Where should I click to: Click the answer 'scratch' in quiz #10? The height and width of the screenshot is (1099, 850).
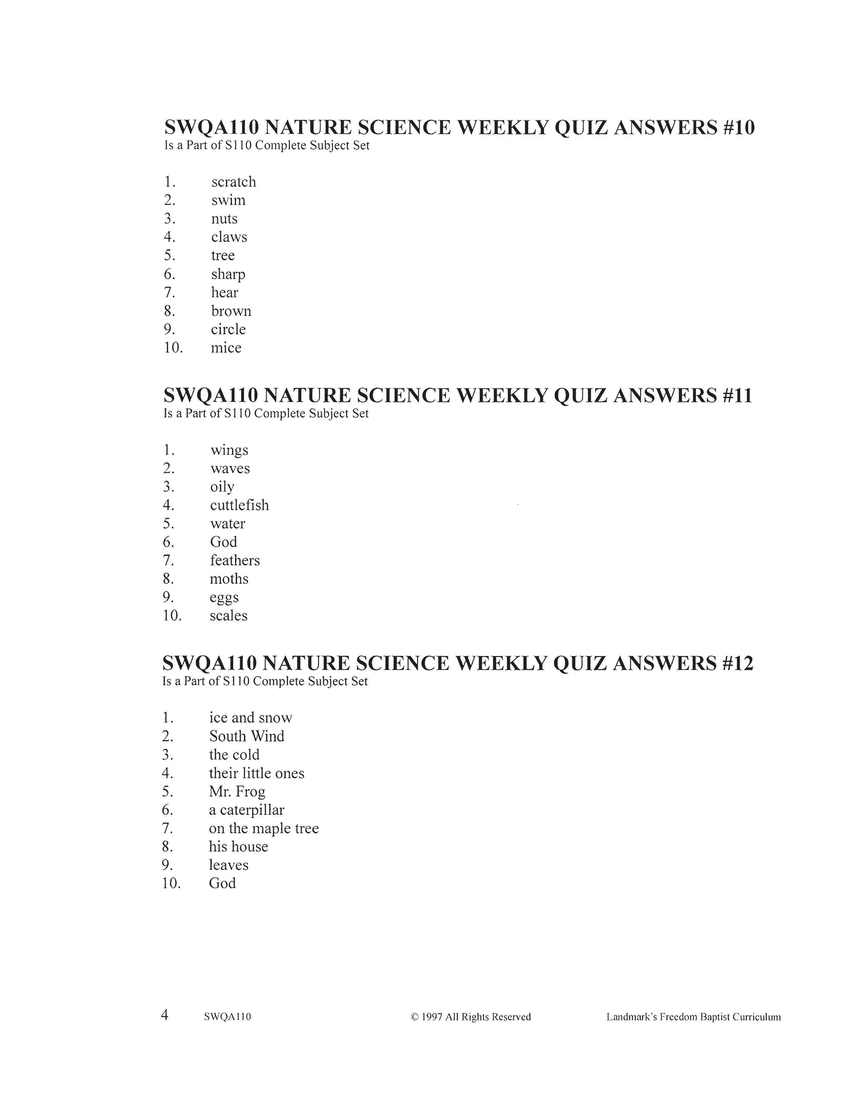click(234, 182)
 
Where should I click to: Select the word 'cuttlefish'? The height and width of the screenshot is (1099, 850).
click(240, 505)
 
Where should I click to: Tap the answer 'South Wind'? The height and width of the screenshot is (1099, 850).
click(247, 736)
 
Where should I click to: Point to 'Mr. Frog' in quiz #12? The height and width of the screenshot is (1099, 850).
click(237, 792)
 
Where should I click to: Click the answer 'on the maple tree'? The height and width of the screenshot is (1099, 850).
click(264, 828)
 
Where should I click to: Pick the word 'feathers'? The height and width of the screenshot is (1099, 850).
click(235, 560)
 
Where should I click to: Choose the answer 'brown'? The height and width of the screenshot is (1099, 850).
click(231, 311)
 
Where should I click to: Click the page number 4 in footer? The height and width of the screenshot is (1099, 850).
click(165, 1016)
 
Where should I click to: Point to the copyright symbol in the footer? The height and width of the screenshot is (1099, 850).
click(415, 1017)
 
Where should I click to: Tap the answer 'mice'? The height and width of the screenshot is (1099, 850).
click(226, 348)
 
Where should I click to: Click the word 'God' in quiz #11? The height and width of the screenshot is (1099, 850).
click(224, 542)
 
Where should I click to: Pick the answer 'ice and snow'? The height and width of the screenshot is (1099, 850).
click(251, 718)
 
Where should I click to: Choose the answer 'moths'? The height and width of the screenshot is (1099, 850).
click(229, 579)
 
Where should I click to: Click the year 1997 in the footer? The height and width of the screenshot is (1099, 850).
click(432, 1017)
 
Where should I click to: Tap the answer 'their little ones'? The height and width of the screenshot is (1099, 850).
click(257, 773)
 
